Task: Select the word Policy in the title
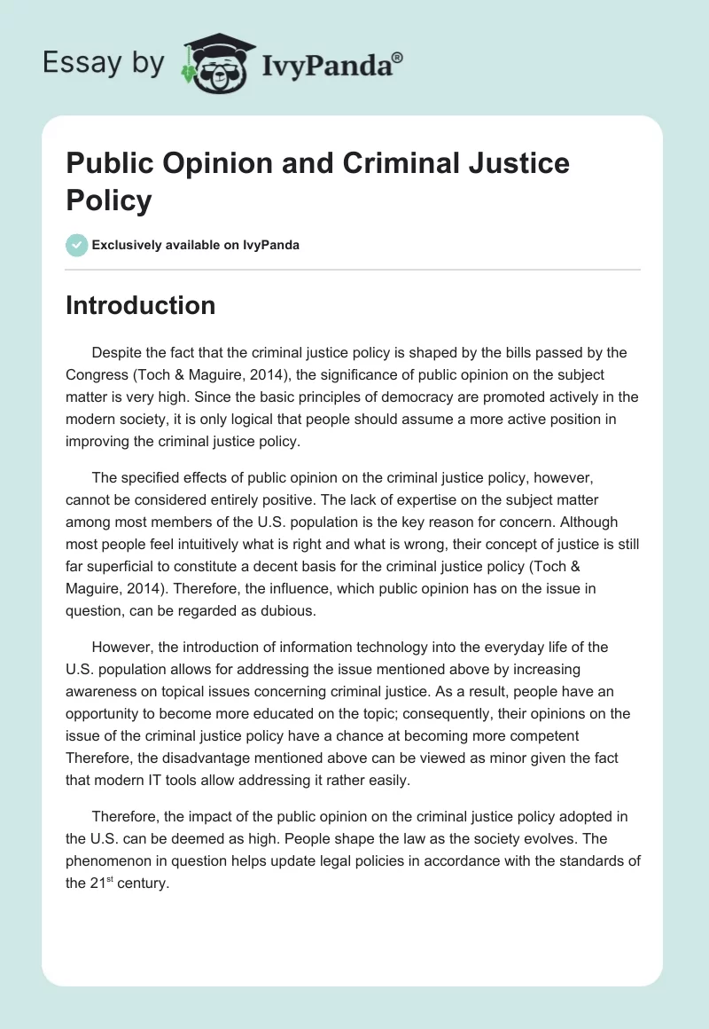click(109, 200)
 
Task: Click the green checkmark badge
click(77, 245)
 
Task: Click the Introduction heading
click(140, 305)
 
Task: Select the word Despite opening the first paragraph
click(116, 352)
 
